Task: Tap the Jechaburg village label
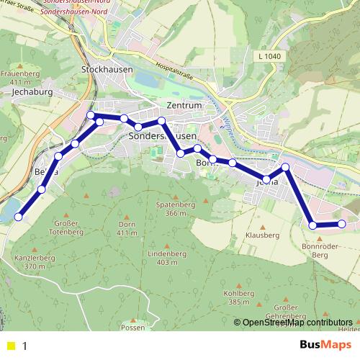tap(34, 93)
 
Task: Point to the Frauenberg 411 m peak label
tap(20, 78)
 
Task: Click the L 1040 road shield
tap(268, 57)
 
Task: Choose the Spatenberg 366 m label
tap(176, 209)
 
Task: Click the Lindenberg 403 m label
tap(166, 258)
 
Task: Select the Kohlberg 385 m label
tap(239, 297)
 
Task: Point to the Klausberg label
tap(262, 235)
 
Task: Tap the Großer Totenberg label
tap(69, 228)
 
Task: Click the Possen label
tap(133, 327)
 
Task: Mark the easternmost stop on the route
tap(343, 224)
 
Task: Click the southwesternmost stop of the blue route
tap(19, 216)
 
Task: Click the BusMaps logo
tap(325, 346)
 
